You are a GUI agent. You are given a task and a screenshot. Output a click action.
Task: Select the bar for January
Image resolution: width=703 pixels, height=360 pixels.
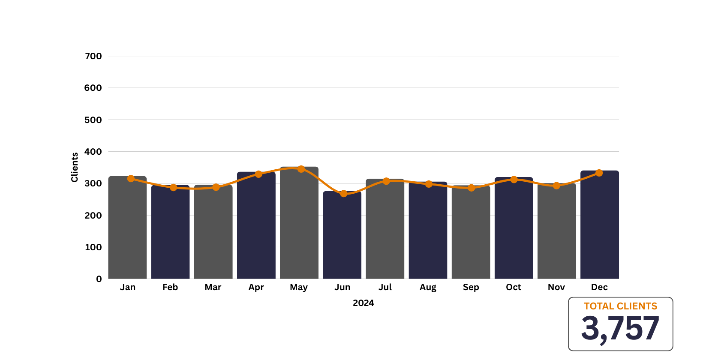coord(127,227)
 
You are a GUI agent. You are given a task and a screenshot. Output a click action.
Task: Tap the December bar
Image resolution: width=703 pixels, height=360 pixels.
coord(599,225)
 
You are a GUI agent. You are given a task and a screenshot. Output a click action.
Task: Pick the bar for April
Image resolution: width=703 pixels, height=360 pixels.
coord(256,225)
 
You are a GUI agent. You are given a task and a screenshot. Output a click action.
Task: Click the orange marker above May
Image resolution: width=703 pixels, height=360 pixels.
coord(301,169)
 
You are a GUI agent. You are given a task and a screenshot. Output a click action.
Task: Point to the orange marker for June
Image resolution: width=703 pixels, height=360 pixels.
coord(343,194)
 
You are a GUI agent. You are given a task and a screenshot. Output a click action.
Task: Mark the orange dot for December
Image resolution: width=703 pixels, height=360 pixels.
coord(599,173)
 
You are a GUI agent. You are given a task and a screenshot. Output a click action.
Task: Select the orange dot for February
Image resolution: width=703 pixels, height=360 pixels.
coord(173,187)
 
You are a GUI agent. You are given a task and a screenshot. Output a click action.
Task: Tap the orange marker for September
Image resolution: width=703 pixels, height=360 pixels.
coord(471,188)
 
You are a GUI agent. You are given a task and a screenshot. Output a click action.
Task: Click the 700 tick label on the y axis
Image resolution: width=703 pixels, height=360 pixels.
coord(93,56)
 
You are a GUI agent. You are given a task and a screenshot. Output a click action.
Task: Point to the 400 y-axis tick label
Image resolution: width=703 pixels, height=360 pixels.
coord(93,152)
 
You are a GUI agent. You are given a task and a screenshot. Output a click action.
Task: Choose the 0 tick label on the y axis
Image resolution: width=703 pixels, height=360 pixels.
coord(99,279)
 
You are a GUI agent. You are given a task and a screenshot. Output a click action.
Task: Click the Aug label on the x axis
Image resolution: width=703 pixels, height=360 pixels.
coord(428,287)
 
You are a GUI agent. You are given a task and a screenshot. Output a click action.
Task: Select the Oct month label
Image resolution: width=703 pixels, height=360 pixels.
coord(514,287)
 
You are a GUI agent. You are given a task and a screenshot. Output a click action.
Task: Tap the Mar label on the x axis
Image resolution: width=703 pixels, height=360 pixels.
coord(213,287)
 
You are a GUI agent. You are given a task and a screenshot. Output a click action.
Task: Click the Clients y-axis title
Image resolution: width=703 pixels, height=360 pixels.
coord(75,167)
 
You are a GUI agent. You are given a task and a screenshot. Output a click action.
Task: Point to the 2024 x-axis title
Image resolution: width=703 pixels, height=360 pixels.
coord(363,303)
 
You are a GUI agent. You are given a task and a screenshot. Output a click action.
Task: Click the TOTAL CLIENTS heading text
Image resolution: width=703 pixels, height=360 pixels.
coord(620,306)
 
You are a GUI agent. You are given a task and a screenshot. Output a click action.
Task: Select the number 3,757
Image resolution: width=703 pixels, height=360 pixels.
coord(620,329)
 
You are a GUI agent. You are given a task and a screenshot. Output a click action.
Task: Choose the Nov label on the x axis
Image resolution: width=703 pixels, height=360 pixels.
coord(556,287)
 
